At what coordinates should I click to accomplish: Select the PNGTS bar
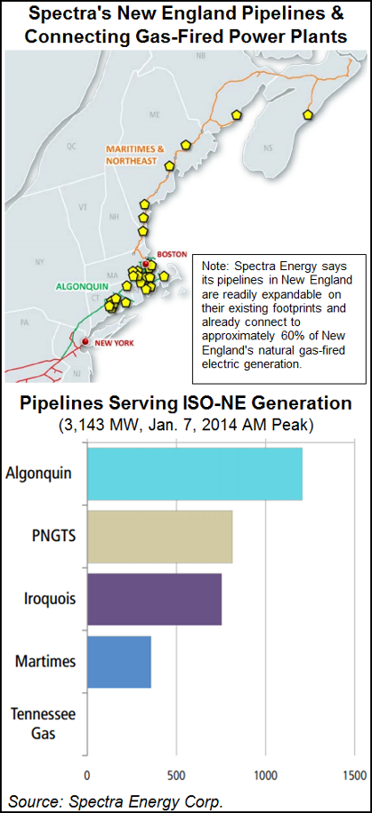click(x=160, y=537)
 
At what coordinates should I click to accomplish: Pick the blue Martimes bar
click(x=119, y=661)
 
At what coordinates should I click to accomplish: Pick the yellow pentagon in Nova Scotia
click(x=307, y=115)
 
